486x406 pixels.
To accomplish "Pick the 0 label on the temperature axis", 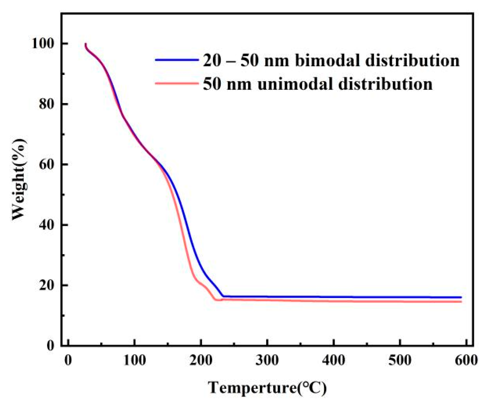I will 68,360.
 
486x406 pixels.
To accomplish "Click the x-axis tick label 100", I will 134,360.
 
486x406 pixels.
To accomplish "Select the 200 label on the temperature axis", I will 201,360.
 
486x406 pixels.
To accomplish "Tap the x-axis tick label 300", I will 267,360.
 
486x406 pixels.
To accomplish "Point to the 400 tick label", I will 333,360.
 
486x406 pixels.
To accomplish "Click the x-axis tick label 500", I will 400,360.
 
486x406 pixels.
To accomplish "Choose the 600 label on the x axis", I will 466,360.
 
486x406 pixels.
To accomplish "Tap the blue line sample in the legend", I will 177,60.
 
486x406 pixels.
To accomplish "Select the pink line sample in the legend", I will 177,83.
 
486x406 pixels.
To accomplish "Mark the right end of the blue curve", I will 461,297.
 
